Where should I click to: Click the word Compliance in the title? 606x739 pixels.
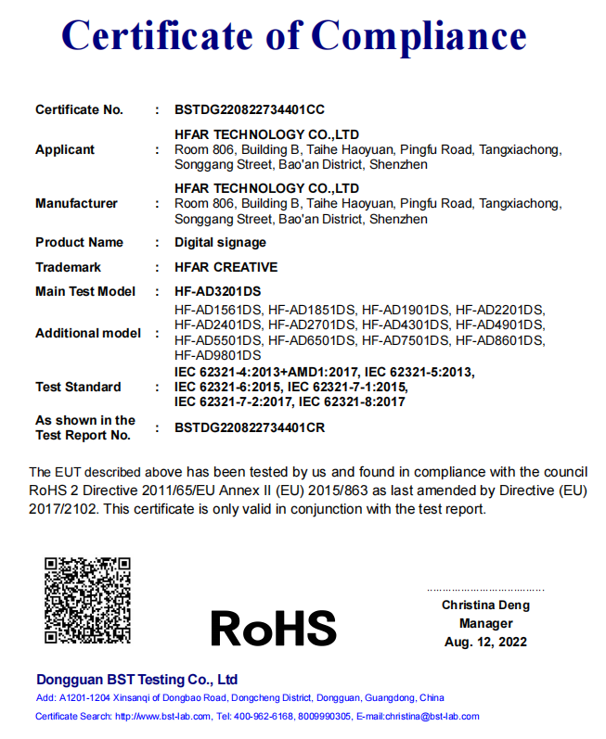[419, 36]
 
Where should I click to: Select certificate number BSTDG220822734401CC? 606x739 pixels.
[250, 109]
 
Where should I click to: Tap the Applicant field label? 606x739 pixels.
[65, 149]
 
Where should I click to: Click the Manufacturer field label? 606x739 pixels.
[76, 203]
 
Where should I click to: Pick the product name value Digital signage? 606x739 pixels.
[220, 242]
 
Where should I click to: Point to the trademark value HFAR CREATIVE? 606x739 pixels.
[226, 267]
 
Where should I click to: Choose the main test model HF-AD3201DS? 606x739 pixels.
[218, 291]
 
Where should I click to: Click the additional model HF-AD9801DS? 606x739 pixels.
[218, 355]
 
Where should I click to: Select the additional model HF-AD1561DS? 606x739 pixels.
[218, 309]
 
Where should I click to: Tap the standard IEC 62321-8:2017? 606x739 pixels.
[351, 401]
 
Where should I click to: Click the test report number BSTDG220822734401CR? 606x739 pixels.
[250, 427]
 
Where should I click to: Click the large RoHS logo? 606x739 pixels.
[273, 628]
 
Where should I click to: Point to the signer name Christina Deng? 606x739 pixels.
[485, 605]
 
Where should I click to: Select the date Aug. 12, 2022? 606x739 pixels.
[485, 642]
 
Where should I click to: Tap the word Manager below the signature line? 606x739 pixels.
[485, 623]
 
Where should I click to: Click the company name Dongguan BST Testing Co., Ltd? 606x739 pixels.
[136, 679]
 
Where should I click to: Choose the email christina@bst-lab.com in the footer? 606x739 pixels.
[431, 716]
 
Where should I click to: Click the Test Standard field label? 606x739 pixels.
[78, 387]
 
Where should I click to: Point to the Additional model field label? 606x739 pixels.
[88, 333]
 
